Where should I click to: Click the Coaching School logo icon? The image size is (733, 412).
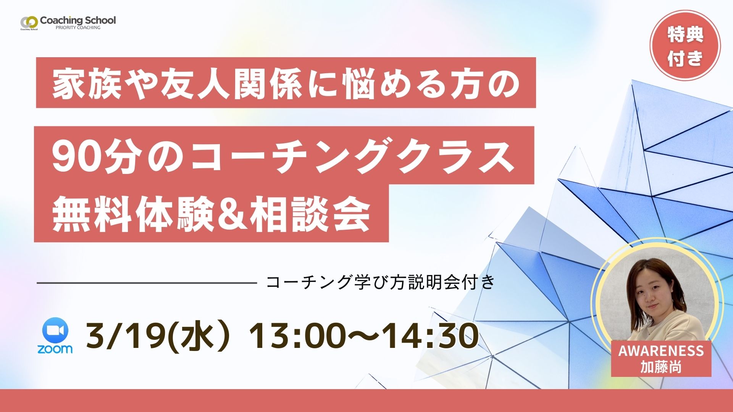coord(29,22)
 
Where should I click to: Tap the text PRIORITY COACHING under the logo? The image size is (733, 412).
coord(78,27)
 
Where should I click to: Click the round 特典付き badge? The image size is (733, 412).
coord(685,46)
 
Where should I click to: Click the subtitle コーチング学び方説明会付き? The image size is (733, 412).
coord(380,282)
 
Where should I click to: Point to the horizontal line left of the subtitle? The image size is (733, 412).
coord(147,283)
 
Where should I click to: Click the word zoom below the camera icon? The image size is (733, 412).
coord(55,349)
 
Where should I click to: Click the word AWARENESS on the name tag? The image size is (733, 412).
coord(661,351)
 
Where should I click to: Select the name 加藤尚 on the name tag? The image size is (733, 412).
coord(661,367)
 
